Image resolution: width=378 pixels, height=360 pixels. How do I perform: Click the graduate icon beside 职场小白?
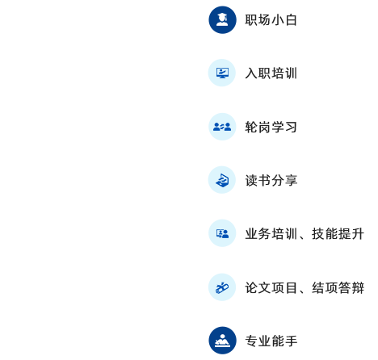[222, 20]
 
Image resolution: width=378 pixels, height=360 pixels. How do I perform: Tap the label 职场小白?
[271, 20]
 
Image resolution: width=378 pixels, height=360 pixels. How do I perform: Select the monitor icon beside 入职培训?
[222, 73]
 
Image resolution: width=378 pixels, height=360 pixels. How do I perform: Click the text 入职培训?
[271, 73]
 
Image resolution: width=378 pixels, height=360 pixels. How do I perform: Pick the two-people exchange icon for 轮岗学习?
[222, 127]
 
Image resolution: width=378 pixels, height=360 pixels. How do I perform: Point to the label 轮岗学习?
[271, 127]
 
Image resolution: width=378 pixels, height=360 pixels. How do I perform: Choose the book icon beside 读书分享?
[222, 180]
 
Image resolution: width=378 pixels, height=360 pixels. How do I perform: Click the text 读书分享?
[271, 180]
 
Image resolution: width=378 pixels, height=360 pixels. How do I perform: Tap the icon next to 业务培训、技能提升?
[222, 233]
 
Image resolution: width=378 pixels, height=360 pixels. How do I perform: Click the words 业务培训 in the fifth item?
[271, 234]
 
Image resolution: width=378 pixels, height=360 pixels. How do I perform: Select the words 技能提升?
[338, 234]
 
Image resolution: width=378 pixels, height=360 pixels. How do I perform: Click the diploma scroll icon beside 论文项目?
[222, 287]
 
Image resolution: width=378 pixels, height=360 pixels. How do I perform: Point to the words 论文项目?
[271, 287]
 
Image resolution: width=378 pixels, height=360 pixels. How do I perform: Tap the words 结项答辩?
[338, 287]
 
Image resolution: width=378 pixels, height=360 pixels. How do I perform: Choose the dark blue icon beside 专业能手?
[222, 341]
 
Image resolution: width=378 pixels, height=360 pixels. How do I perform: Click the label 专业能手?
[271, 341]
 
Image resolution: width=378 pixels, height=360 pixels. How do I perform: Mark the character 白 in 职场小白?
[291, 20]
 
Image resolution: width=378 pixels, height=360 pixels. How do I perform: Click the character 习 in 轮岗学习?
[291, 127]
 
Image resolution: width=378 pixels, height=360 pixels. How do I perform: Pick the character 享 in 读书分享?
[292, 180]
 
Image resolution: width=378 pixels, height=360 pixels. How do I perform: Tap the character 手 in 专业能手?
[292, 341]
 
